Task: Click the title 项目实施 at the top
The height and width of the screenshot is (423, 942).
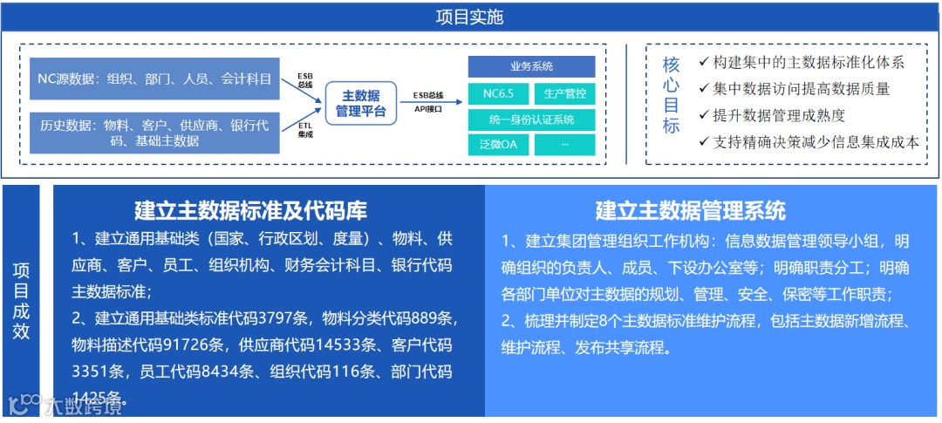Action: (470, 17)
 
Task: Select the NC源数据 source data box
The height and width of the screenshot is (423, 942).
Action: (154, 79)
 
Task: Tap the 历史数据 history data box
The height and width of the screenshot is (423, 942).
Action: (154, 133)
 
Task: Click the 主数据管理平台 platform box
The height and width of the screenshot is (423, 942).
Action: (361, 104)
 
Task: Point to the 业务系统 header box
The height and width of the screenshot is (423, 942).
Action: (531, 67)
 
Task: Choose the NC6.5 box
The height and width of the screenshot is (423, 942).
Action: (497, 93)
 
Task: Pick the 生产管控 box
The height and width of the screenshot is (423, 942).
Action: (564, 93)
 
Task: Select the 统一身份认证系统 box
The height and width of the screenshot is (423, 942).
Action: (531, 119)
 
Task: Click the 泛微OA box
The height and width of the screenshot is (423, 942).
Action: (497, 145)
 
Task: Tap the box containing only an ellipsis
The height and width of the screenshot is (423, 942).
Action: (564, 145)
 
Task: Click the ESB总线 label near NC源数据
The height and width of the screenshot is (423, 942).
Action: (305, 79)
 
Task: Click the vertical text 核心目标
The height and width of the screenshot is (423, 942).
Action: (671, 95)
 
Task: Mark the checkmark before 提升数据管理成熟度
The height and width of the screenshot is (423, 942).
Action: (704, 114)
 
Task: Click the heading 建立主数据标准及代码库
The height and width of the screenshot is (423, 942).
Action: (250, 210)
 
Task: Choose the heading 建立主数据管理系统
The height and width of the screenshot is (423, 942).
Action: (690, 210)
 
